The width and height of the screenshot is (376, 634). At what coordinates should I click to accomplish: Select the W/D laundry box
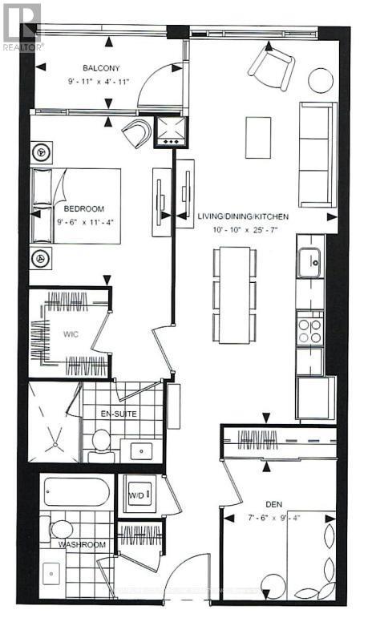pyautogui.click(x=135, y=495)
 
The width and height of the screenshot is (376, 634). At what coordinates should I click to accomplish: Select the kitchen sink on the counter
pyautogui.click(x=309, y=259)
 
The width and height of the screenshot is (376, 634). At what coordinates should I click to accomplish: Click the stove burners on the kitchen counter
pyautogui.click(x=309, y=331)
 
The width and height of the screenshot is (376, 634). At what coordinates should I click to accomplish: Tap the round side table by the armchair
pyautogui.click(x=321, y=79)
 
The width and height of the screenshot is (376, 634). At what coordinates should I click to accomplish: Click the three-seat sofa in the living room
pyautogui.click(x=317, y=154)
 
